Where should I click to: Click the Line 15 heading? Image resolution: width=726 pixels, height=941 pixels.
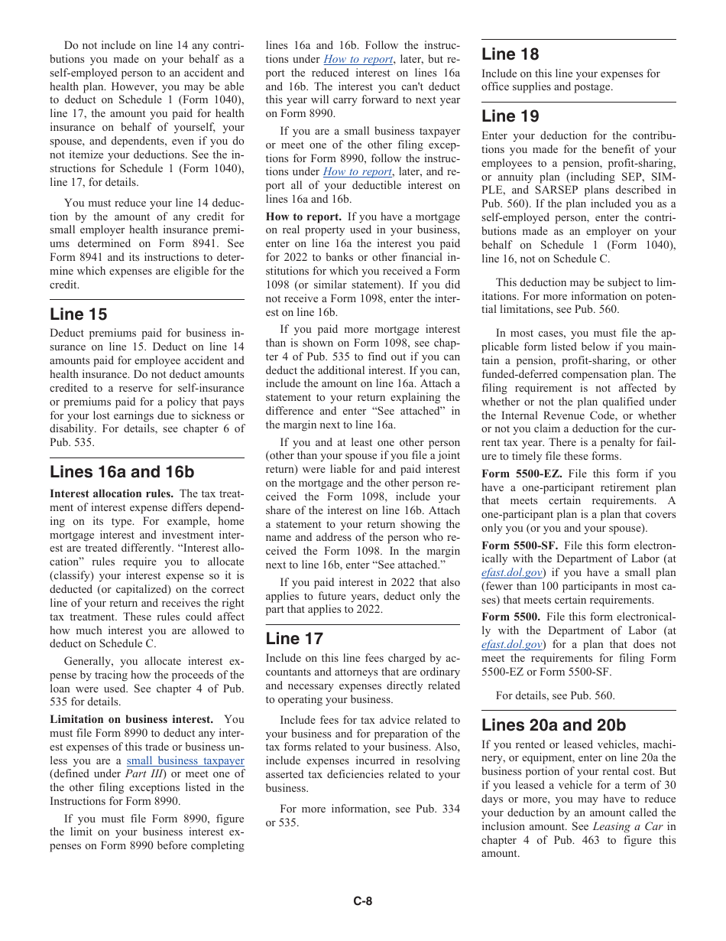(x=78, y=314)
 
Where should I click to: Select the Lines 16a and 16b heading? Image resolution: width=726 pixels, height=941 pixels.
(x=122, y=471)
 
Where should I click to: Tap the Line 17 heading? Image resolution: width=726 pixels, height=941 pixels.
(x=294, y=638)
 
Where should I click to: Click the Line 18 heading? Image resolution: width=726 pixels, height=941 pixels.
(x=510, y=54)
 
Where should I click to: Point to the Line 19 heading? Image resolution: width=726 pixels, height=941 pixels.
(x=510, y=116)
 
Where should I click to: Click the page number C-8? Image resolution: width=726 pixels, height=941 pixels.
(x=362, y=901)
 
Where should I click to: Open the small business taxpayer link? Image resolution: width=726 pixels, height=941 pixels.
(x=185, y=760)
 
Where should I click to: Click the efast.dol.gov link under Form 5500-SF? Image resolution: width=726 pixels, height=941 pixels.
(x=511, y=572)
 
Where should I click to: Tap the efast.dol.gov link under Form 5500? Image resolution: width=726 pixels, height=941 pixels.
(x=511, y=644)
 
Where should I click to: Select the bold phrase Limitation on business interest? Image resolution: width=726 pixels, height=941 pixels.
(x=131, y=719)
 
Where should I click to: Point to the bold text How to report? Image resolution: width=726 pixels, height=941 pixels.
(x=303, y=217)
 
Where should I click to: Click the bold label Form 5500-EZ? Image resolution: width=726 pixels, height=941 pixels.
(x=516, y=474)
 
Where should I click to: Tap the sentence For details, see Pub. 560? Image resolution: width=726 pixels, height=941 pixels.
(x=555, y=695)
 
